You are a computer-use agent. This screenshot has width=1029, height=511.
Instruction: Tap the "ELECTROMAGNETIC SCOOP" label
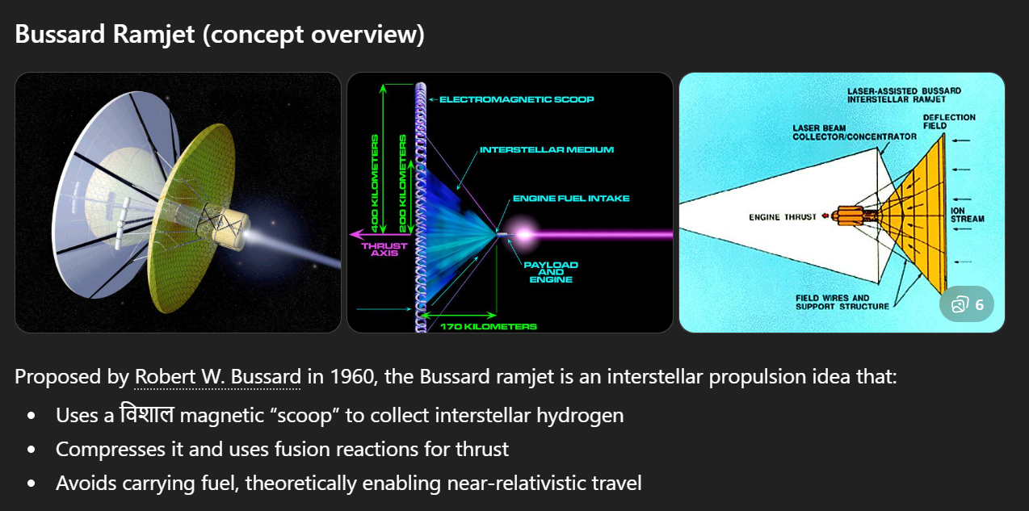coord(517,99)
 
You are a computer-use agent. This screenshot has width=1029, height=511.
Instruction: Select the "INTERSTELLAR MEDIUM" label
coord(547,149)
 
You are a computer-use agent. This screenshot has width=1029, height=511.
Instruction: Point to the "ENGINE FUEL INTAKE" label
coord(571,198)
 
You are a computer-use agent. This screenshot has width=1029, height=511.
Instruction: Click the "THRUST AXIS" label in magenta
coord(384,249)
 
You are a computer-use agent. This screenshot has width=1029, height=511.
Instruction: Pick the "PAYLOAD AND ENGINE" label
coord(551,272)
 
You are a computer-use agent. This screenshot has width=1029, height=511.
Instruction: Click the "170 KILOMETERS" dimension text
coord(488,326)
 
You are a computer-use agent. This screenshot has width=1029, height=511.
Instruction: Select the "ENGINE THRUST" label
coord(783,216)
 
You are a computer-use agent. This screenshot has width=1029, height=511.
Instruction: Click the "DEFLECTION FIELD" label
coord(949,121)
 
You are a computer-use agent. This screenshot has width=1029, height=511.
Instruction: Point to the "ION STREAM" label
coord(967,215)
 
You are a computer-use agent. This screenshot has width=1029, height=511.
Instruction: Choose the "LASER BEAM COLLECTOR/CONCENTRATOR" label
coord(854,132)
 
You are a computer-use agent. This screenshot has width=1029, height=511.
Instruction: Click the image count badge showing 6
coord(968,304)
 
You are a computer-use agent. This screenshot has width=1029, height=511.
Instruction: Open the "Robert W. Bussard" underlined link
coord(217,377)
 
